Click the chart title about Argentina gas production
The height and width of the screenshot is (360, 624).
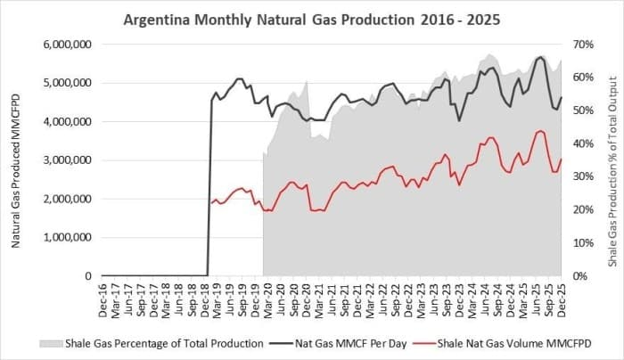tap(311, 18)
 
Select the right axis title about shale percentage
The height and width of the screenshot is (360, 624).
tap(613, 160)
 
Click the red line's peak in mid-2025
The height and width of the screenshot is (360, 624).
tap(540, 131)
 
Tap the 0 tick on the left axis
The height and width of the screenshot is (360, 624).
tap(89, 276)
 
